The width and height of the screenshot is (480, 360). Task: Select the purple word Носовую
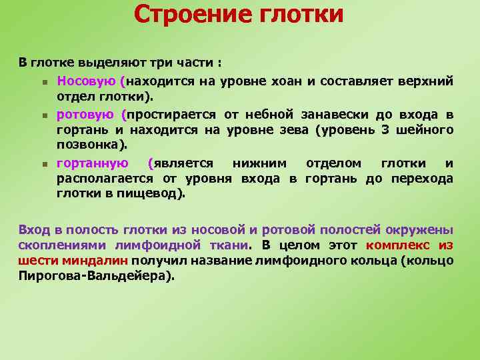87,81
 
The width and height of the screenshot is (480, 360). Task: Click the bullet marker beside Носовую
43,83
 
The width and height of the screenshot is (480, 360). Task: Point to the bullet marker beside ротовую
43,115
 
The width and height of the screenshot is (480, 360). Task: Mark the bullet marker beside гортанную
43,164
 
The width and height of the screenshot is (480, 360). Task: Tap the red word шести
36,260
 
